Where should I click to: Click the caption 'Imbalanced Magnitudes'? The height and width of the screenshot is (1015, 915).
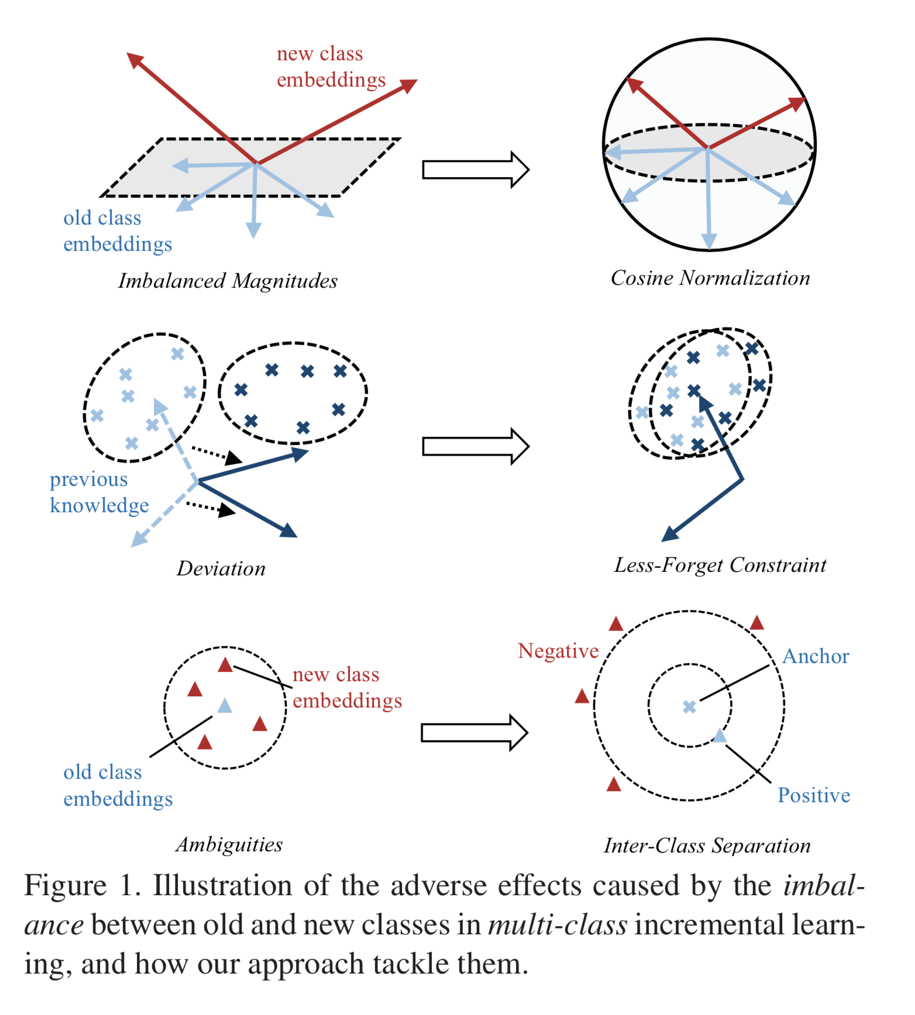coord(228,281)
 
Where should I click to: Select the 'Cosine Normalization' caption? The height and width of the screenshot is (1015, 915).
coord(710,278)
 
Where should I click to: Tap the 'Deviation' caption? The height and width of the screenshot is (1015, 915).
coord(221,569)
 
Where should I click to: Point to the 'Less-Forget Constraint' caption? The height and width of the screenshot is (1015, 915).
coord(720,565)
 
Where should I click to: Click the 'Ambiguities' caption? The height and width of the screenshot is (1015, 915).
coord(229,845)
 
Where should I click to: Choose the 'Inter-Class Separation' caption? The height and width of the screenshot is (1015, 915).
coord(707,846)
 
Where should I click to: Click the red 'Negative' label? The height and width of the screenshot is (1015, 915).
coord(558,651)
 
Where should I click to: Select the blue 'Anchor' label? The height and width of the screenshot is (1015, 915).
coord(816,656)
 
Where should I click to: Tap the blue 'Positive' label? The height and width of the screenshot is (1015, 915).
coord(814,795)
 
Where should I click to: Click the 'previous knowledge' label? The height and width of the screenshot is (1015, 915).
coord(99,492)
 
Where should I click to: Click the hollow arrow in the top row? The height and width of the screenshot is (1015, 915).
coord(475,170)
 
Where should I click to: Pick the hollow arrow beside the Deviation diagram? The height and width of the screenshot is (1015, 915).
coord(475,446)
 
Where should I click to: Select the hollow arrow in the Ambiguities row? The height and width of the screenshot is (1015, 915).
coord(474,732)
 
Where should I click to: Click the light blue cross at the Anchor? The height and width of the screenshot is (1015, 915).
coord(689,707)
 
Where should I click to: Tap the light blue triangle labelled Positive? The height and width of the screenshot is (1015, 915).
coord(719,736)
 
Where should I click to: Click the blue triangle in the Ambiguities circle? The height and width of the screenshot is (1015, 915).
coord(225,706)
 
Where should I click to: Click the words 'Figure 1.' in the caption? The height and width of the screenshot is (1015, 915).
coord(81,886)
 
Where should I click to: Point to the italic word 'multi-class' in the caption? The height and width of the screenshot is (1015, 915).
coord(558,926)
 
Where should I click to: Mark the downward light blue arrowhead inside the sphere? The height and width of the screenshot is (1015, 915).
coord(709,241)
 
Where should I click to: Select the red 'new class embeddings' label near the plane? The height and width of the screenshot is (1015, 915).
coord(331,67)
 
